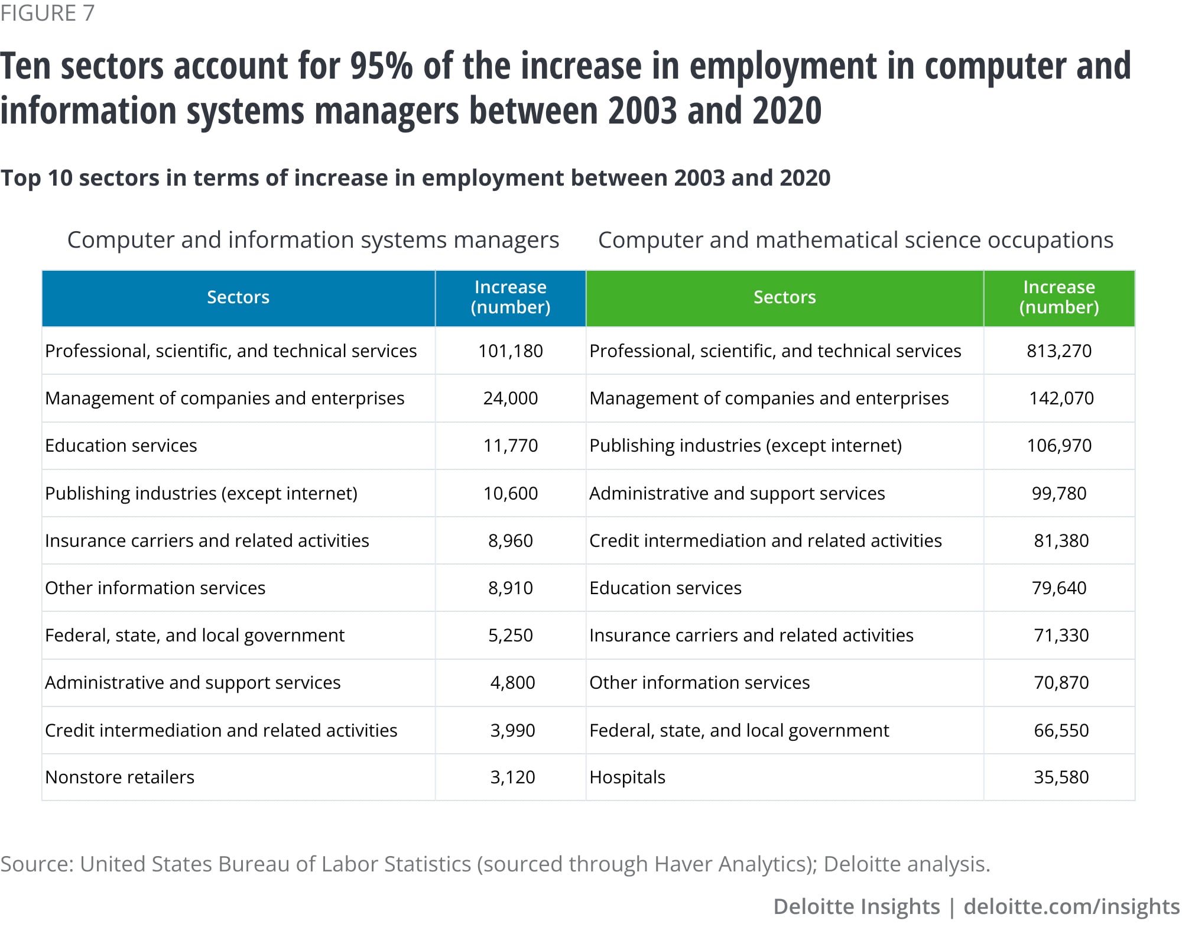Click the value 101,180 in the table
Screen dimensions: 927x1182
pos(510,351)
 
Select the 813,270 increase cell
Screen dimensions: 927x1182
pos(1059,351)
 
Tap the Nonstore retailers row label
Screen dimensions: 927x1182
pos(119,777)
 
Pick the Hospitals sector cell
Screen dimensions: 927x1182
pos(627,777)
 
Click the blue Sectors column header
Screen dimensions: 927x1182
pos(238,297)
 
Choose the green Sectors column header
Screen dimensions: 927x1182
pos(784,297)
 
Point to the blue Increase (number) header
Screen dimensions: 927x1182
pos(510,297)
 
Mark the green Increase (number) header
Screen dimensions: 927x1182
pos(1059,297)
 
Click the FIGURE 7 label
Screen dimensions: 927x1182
pos(47,13)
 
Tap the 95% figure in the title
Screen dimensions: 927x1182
pos(381,66)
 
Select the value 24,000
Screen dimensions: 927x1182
pos(510,398)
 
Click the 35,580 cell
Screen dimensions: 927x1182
pos(1061,777)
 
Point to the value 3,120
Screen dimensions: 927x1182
pos(512,777)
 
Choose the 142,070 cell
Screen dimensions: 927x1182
pos(1061,398)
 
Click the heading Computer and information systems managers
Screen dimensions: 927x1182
pos(313,240)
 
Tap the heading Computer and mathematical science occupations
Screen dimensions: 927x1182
pos(855,240)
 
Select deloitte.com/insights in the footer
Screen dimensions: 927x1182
pos(1071,906)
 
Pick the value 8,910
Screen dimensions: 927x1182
pos(510,588)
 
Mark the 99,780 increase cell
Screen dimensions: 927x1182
pos(1059,493)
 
